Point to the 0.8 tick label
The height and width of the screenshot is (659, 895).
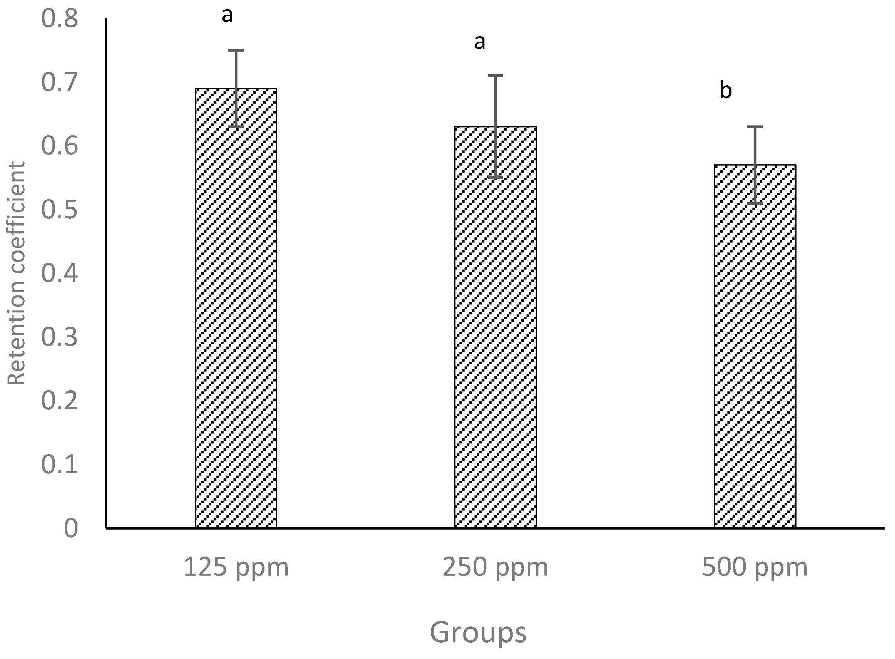point(60,19)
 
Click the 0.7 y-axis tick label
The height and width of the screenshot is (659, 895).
point(60,83)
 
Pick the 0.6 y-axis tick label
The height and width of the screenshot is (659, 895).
point(60,146)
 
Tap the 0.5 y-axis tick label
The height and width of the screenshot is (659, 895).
point(60,210)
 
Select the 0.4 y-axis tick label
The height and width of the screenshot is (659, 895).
point(60,274)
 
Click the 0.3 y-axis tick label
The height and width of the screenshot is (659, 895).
point(60,337)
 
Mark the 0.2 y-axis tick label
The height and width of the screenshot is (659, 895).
point(60,401)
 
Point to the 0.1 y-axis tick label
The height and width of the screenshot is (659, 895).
point(60,465)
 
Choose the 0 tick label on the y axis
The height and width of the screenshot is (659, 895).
point(71,528)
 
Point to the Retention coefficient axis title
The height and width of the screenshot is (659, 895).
point(17,274)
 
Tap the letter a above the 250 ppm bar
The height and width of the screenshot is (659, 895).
point(480,42)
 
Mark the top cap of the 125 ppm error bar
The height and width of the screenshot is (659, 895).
point(236,50)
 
